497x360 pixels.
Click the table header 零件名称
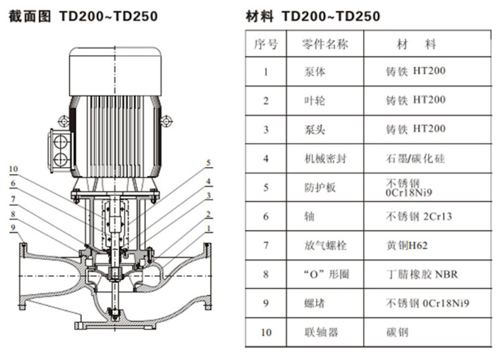[x=324, y=43]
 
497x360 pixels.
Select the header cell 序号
[x=266, y=44]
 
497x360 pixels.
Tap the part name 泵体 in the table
[x=315, y=71]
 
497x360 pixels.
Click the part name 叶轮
[x=315, y=101]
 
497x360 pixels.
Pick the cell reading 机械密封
[x=325, y=158]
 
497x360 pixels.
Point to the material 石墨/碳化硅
[x=415, y=158]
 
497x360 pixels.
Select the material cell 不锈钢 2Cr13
[x=419, y=217]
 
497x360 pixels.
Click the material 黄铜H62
[x=407, y=245]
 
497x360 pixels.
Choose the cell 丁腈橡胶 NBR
[x=422, y=274]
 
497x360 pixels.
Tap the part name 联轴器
[x=321, y=332]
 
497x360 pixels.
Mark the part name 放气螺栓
[x=325, y=245]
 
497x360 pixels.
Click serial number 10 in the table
[x=267, y=333]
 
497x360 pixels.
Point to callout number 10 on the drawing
[x=13, y=169]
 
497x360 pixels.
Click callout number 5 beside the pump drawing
[x=209, y=163]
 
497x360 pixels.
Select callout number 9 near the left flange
[x=13, y=228]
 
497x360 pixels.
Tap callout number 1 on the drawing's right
[x=209, y=228]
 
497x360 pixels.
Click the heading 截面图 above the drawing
[x=29, y=16]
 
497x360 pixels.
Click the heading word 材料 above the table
[x=260, y=16]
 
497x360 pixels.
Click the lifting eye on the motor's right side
[x=166, y=121]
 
